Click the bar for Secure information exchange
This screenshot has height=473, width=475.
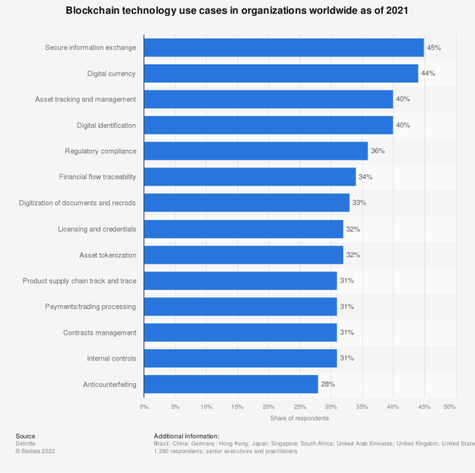(x=283, y=48)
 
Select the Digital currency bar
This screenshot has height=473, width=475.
(x=281, y=73)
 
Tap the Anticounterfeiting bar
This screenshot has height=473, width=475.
(x=230, y=384)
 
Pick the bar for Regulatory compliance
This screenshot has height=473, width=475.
(x=255, y=151)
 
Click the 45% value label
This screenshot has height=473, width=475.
(x=434, y=48)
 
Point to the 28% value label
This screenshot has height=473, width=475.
(x=328, y=384)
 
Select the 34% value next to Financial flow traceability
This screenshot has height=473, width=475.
(x=365, y=177)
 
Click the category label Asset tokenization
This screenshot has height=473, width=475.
(x=107, y=255)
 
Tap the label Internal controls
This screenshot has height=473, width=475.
(x=111, y=358)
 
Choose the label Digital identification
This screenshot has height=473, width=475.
(x=106, y=125)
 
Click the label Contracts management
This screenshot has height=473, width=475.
(x=99, y=333)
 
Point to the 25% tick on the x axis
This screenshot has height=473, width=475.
(x=300, y=406)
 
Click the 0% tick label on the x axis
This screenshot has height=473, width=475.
(x=144, y=406)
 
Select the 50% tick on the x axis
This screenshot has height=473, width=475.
(x=450, y=406)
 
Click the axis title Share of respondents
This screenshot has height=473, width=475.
(x=300, y=418)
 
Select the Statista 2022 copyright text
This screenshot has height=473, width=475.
(x=35, y=451)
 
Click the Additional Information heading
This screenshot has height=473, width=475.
(x=186, y=436)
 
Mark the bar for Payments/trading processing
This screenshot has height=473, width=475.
(x=240, y=306)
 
